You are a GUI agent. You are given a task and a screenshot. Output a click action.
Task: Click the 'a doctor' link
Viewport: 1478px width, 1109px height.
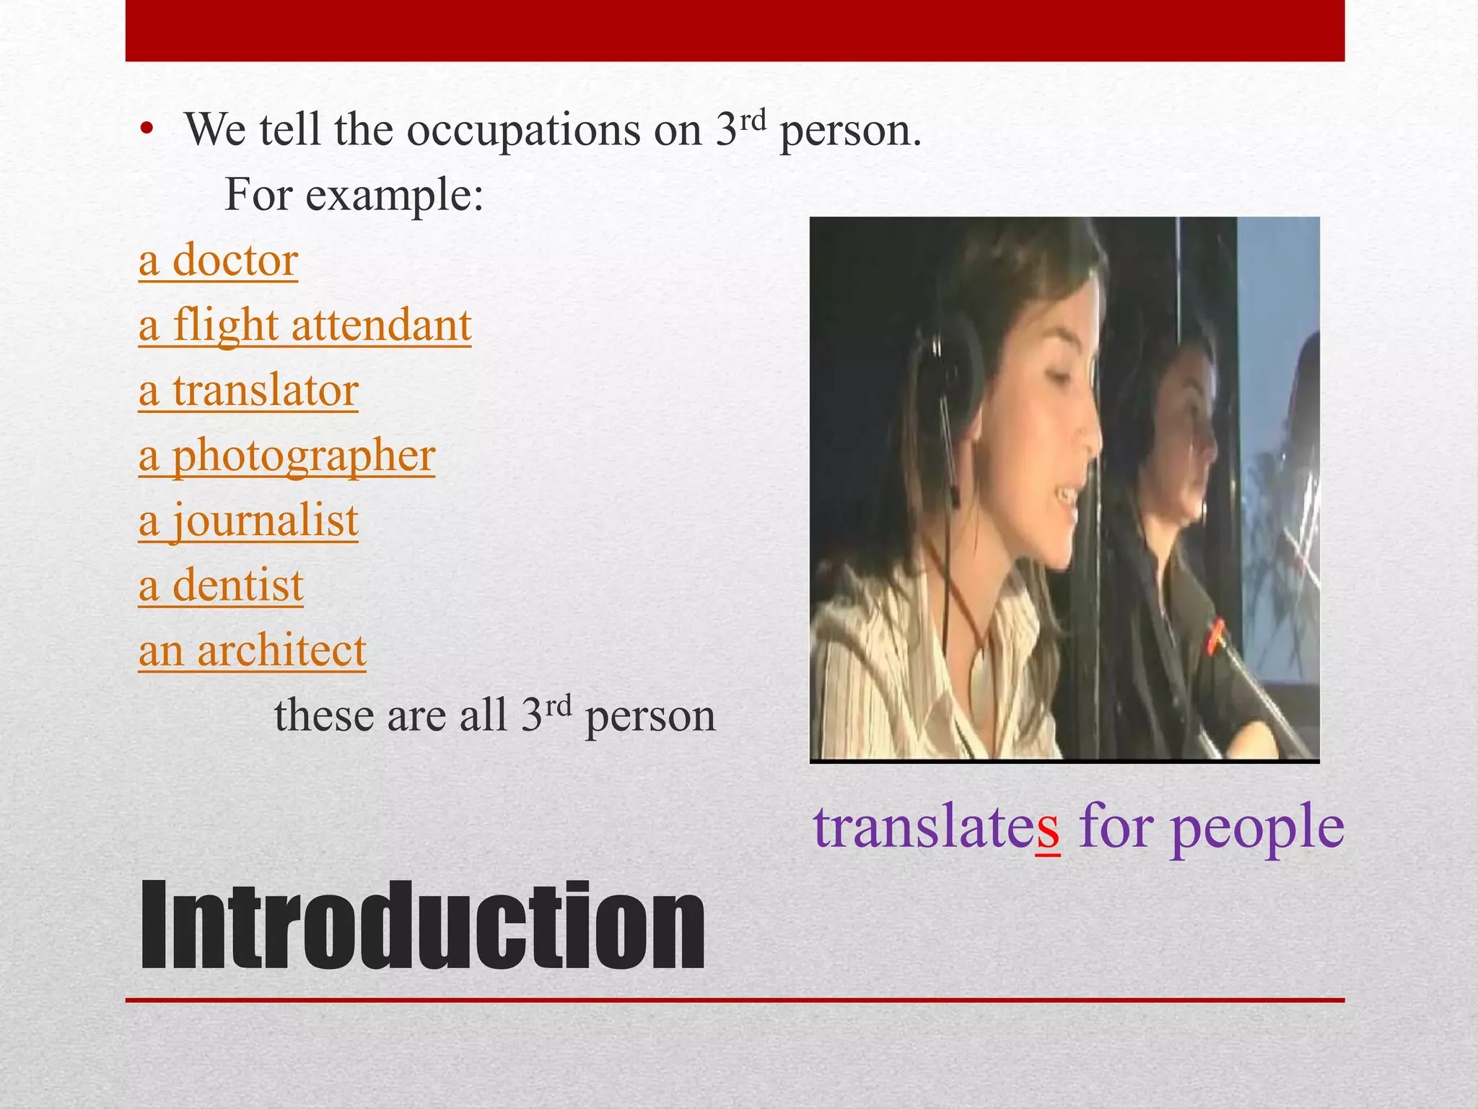pyautogui.click(x=218, y=260)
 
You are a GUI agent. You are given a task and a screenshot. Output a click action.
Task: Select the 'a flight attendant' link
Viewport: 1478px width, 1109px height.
pyautogui.click(x=305, y=325)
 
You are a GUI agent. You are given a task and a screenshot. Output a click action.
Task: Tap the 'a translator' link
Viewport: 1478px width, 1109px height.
pyautogui.click(x=248, y=391)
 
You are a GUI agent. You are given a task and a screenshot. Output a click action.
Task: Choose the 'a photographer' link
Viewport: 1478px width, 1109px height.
pyautogui.click(x=287, y=456)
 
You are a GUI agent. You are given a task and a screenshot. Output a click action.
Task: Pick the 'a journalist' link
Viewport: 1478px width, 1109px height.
pyautogui.click(x=248, y=521)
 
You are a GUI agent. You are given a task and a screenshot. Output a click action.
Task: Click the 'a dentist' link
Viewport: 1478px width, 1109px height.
pyautogui.click(x=221, y=586)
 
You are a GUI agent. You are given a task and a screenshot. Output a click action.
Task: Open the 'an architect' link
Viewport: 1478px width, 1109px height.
pyautogui.click(x=252, y=651)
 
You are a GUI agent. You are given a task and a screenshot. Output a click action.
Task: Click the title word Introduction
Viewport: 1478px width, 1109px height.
pyautogui.click(x=422, y=926)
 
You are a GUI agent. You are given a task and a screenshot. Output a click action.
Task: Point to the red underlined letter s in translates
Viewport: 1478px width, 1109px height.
pyautogui.click(x=1047, y=827)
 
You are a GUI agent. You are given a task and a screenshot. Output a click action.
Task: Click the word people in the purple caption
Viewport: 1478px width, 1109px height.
pyautogui.click(x=1257, y=827)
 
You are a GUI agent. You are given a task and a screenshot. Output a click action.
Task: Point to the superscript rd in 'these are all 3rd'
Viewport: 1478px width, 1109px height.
pyautogui.click(x=558, y=704)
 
